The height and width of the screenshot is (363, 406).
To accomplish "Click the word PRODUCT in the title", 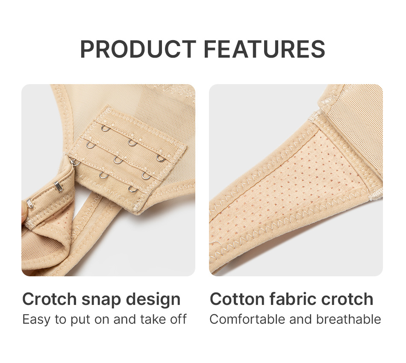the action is pos(138,49).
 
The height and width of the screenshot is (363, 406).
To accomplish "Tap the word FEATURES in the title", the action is pos(265,49).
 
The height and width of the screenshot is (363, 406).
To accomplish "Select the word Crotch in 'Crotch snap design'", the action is pos(50,299).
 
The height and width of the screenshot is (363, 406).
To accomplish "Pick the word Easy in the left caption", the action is pos(36,320).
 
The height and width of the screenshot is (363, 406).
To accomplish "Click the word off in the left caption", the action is pos(178,319).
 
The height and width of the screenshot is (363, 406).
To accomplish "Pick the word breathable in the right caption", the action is pos(348,319).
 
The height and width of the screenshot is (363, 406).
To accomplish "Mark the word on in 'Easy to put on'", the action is pos(102,320).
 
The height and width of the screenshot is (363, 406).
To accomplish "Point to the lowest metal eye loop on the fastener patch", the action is pos(133,189).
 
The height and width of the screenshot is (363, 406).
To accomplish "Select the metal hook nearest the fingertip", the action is pos(31,204).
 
